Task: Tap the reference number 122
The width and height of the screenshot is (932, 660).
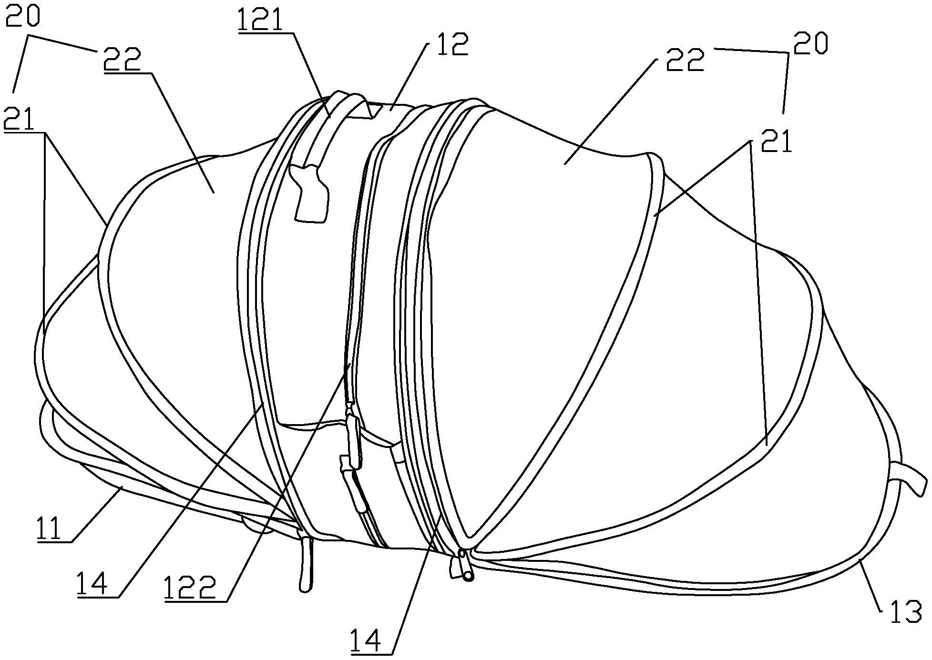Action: click(x=191, y=587)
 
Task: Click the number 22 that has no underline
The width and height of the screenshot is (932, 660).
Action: click(x=685, y=60)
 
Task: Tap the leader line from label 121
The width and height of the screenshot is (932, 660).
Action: click(x=311, y=74)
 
